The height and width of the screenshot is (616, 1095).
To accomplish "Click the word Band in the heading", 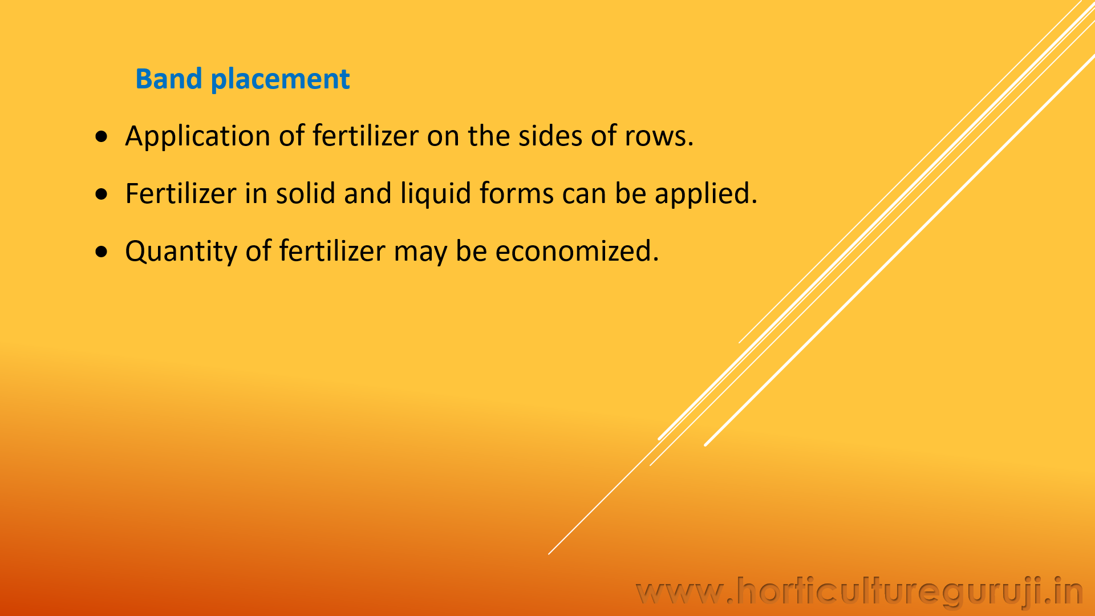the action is click(169, 79).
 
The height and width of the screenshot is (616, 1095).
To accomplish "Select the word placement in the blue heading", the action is click(280, 80).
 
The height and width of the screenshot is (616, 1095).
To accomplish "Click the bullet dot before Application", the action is click(102, 136).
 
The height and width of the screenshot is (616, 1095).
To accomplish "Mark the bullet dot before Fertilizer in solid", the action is click(102, 194).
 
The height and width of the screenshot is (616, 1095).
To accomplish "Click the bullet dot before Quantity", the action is click(102, 252).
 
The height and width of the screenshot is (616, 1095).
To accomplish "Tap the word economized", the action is click(577, 251).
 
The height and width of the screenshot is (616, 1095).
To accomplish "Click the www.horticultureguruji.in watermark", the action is click(860, 591).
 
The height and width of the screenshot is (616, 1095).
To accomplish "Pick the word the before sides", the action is click(489, 136).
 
